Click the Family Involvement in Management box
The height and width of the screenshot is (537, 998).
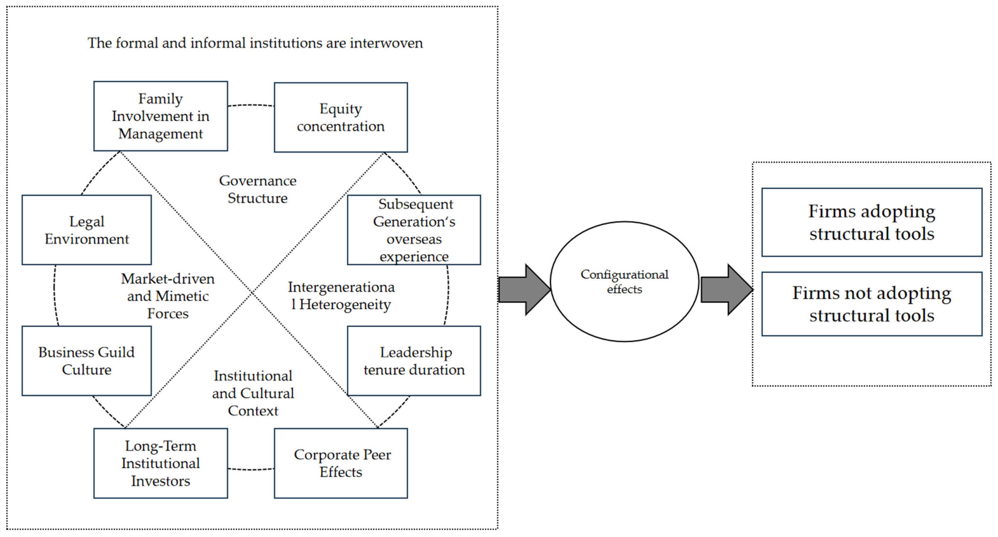pos(161,116)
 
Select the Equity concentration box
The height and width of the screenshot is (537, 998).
pos(341,117)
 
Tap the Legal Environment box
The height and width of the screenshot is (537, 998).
pos(87,230)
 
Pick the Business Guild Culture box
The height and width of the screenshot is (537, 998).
pos(87,361)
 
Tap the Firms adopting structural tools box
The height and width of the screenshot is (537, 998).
pos(872,223)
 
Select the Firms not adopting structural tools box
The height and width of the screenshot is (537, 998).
pos(872,304)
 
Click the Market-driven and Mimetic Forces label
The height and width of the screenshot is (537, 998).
pos(168,296)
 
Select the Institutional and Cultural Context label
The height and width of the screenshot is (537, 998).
pos(253,393)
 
